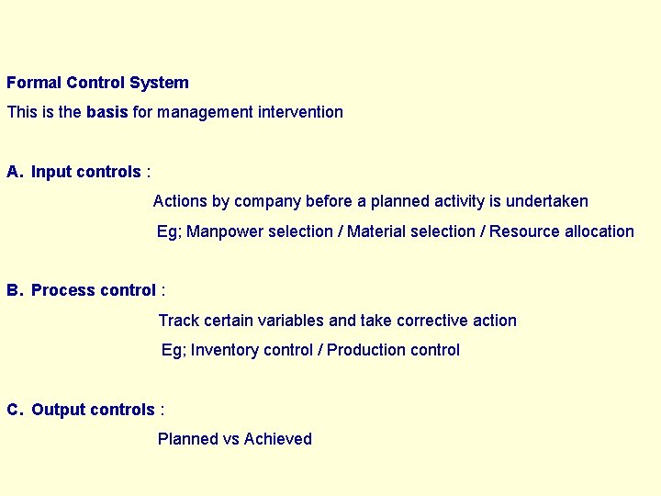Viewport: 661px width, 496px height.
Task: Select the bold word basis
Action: (x=107, y=112)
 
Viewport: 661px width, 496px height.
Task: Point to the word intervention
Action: (x=295, y=112)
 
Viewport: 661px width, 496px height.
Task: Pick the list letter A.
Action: (x=13, y=172)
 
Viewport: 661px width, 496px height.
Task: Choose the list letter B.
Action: (x=13, y=290)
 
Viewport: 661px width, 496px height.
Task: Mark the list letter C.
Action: (x=13, y=410)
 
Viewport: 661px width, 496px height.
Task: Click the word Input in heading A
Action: (x=51, y=172)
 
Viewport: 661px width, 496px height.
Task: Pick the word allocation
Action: (x=599, y=231)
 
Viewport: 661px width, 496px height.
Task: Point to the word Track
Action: (x=178, y=321)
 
